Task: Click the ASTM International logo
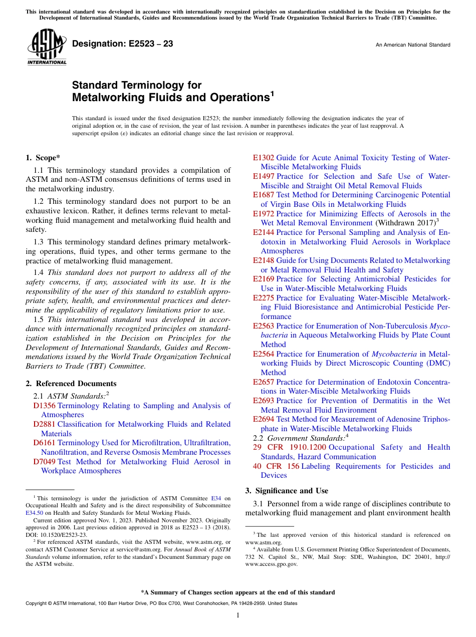point(47,48)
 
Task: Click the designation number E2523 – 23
point(123,44)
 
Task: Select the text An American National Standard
point(412,45)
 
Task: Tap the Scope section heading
point(42,158)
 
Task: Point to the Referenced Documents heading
point(71,384)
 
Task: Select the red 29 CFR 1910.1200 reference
point(290,447)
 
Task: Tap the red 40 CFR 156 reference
point(276,466)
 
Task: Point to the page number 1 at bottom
point(238,615)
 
